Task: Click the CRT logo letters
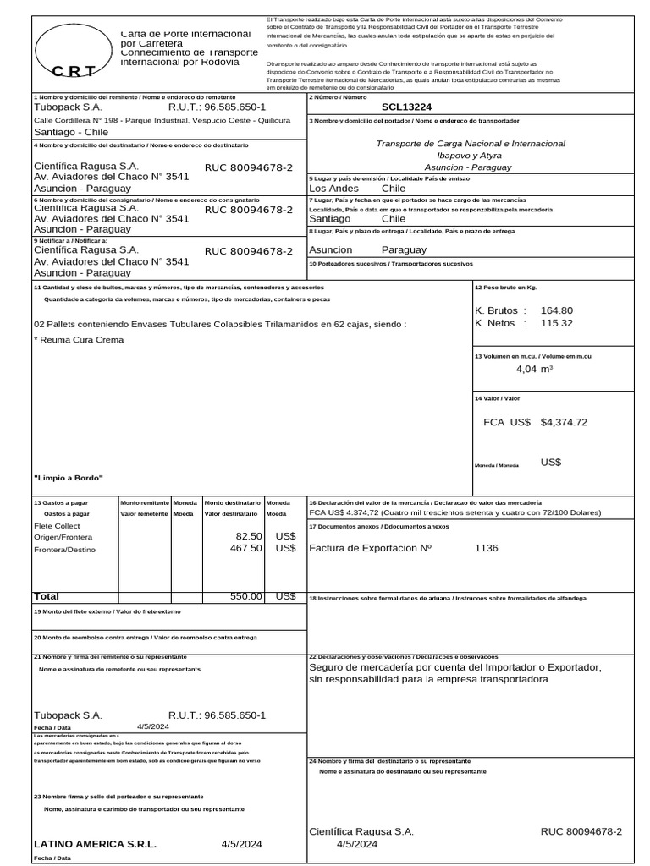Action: click(74, 71)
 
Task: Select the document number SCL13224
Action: click(406, 107)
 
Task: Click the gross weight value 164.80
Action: click(557, 310)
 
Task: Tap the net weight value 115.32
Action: click(557, 323)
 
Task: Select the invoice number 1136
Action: click(487, 548)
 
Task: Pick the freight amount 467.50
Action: click(246, 548)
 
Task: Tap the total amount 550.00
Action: click(246, 596)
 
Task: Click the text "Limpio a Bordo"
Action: click(68, 479)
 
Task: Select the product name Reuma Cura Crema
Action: click(79, 340)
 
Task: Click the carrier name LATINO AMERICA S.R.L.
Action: click(95, 844)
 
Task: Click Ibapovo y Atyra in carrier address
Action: click(469, 156)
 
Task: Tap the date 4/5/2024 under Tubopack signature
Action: click(153, 726)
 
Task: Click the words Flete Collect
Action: click(57, 525)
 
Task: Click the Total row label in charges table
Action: click(46, 596)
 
